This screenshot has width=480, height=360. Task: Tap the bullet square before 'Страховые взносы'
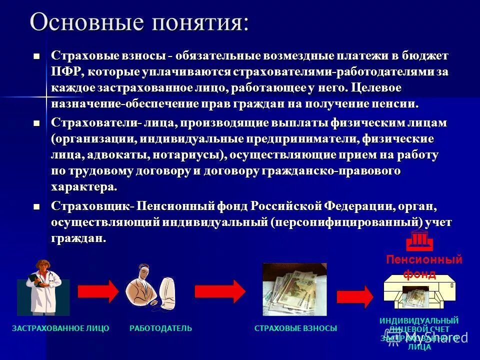point(35,56)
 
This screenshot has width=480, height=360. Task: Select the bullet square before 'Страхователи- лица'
point(35,123)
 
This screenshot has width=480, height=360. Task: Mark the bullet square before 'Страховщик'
point(35,206)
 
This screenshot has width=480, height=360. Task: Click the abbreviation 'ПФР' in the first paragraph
point(66,72)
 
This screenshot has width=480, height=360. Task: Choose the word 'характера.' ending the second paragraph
point(84,187)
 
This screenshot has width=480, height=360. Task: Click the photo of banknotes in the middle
point(294,289)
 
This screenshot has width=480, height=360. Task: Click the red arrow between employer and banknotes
point(220,291)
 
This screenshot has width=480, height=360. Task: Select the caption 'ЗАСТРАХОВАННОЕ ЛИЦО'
point(60,328)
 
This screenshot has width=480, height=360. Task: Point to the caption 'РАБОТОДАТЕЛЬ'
point(160,328)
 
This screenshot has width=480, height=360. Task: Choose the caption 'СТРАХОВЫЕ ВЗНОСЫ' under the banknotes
point(295,328)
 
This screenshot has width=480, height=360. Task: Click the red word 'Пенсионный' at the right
point(424,260)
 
